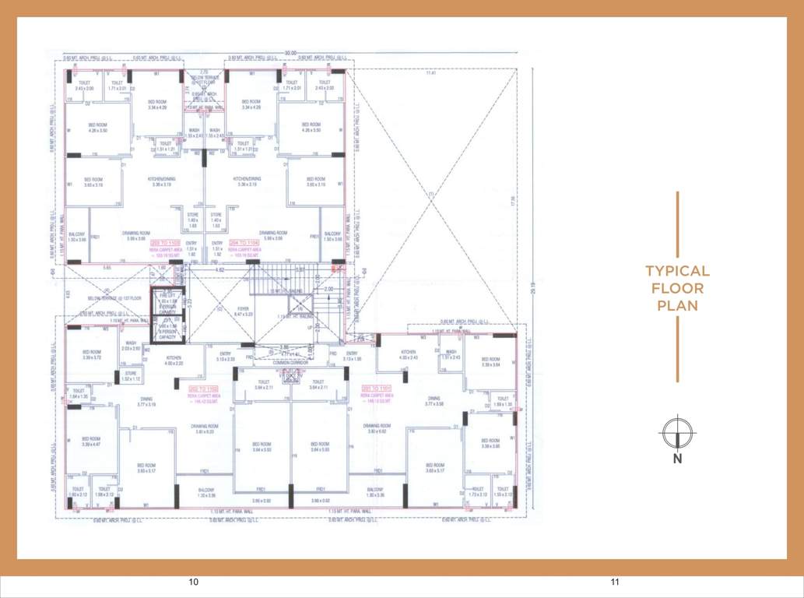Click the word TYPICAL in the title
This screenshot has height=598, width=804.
[x=677, y=271]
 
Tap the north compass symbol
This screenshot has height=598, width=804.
[x=677, y=433]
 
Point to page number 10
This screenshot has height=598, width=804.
[x=194, y=582]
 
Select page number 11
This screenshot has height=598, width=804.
[x=615, y=582]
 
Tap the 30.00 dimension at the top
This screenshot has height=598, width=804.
[x=291, y=52]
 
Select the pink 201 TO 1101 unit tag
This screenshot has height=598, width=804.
[x=376, y=387]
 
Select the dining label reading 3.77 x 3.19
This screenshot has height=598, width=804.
[x=147, y=403]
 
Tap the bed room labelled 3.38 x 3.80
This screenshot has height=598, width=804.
[x=490, y=443]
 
